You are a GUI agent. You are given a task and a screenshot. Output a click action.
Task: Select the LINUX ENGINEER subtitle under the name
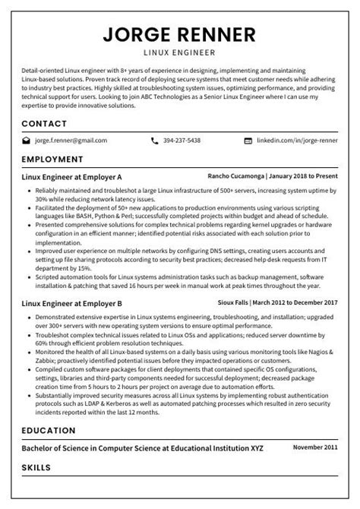coord(180,52)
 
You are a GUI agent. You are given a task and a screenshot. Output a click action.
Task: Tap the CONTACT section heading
coord(44,123)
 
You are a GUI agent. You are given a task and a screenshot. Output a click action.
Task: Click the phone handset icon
coord(155,141)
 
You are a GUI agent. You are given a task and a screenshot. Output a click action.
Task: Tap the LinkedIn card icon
coord(248,141)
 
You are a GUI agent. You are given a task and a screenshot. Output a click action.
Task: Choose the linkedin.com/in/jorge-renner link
coord(297,141)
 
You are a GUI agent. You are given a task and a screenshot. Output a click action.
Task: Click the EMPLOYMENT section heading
coord(52,160)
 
